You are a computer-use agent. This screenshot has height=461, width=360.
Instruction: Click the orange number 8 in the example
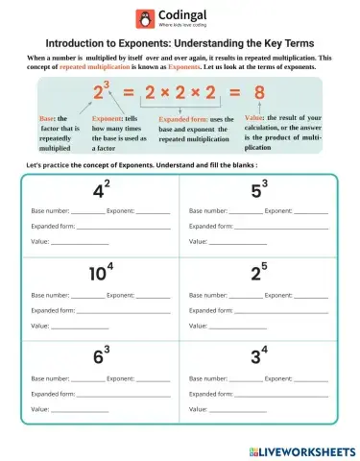coord(259,93)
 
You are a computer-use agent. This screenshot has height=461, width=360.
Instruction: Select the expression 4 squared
coord(100,189)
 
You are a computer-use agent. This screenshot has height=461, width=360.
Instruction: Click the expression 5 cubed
coord(258,189)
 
